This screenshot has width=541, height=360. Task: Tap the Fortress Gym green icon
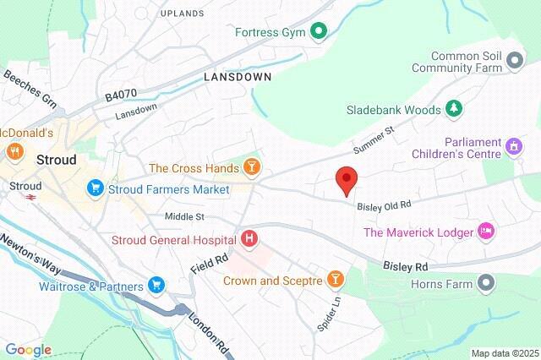(319, 33)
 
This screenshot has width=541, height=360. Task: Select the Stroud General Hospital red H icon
(249, 239)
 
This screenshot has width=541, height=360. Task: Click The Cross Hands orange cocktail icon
(251, 167)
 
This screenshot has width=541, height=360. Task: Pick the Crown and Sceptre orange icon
(336, 279)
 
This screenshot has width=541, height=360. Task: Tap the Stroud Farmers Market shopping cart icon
(96, 188)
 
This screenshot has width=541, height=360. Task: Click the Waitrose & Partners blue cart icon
(156, 286)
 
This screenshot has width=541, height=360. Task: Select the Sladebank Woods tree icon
(455, 110)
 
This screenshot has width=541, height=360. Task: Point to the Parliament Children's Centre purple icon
(512, 147)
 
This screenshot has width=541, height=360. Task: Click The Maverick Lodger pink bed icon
(486, 231)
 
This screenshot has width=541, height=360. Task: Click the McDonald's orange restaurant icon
(14, 152)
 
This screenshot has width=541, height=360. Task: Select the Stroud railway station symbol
(30, 199)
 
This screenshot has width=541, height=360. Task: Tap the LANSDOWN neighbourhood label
(238, 76)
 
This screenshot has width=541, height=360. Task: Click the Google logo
(28, 350)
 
